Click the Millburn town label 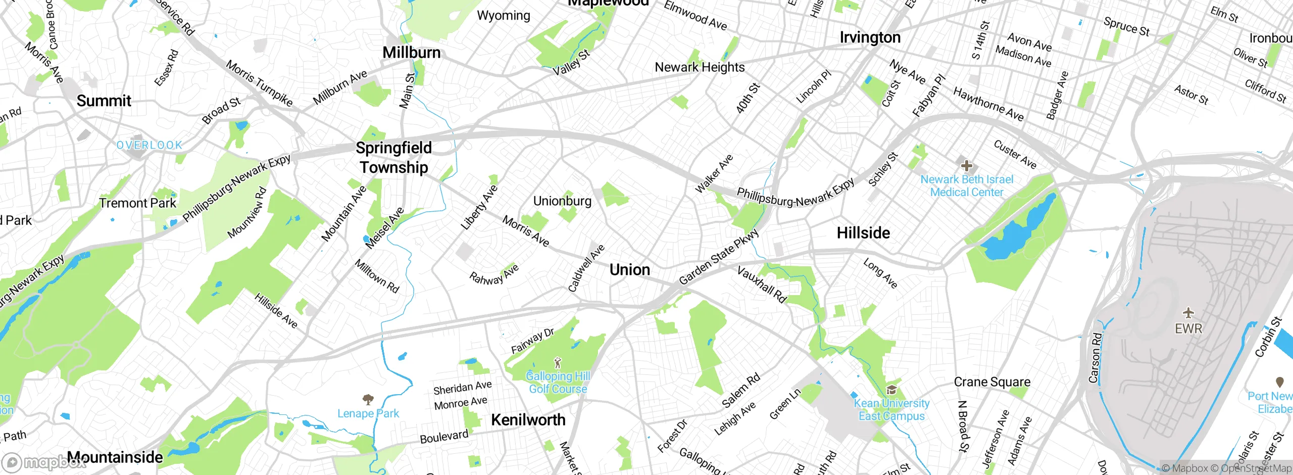411,53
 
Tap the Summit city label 104,101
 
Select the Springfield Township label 393,157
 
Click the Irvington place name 870,37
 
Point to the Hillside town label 863,233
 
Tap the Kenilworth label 528,419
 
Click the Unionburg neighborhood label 562,201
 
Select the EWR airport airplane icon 1188,313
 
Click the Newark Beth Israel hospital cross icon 966,165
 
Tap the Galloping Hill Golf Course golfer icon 558,363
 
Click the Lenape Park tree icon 368,400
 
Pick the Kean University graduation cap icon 891,390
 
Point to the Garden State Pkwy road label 718,257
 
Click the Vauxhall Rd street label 762,284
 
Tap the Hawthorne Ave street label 988,104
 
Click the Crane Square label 992,382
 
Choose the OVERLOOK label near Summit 150,146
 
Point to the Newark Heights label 700,67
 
